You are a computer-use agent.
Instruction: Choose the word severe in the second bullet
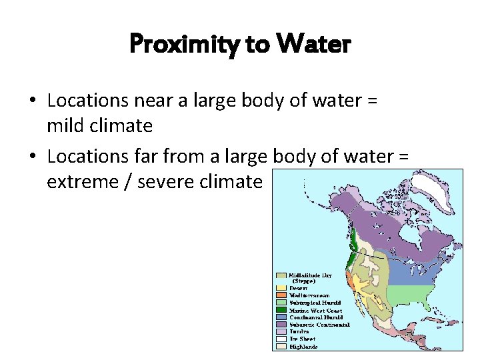(170, 181)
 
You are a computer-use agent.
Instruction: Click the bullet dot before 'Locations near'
(32, 101)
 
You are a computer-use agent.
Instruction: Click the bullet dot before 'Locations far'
(32, 157)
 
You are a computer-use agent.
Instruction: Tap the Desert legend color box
(282, 288)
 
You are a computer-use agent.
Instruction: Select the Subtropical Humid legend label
(315, 303)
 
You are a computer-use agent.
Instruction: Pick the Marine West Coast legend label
(316, 310)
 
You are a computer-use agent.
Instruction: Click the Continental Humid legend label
(315, 317)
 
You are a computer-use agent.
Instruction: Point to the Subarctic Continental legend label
(319, 325)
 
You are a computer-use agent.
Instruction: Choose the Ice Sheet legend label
(302, 339)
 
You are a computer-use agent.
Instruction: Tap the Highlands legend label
(303, 347)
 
